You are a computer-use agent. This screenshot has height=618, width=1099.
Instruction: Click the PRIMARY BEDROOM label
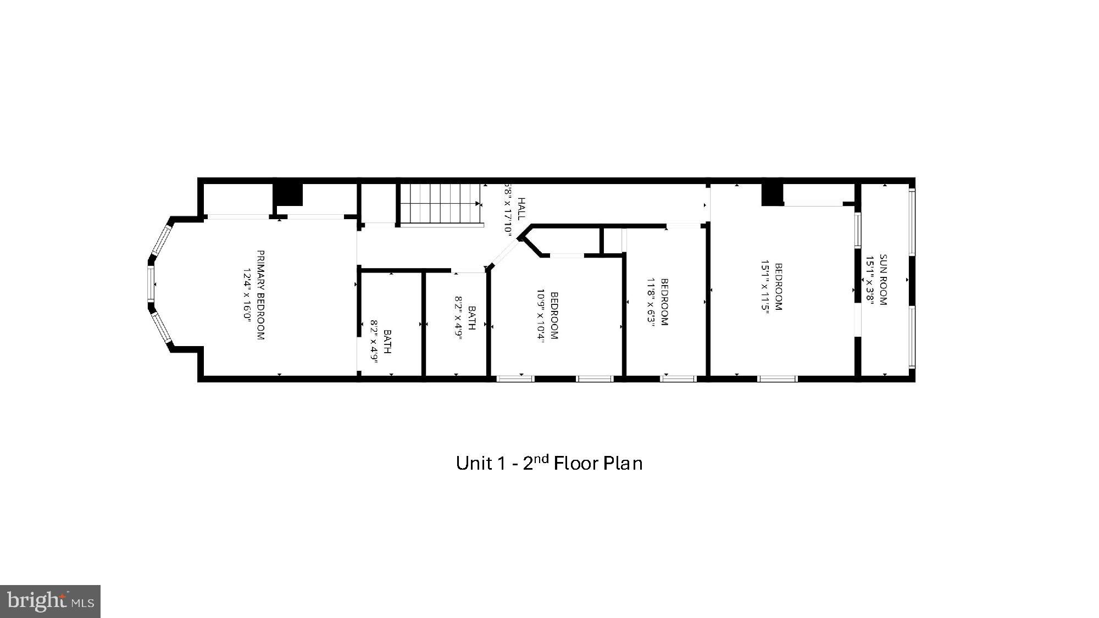[x=260, y=295]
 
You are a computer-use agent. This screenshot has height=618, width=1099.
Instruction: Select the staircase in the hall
[x=440, y=203]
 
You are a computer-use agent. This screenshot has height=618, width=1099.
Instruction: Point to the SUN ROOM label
[x=883, y=280]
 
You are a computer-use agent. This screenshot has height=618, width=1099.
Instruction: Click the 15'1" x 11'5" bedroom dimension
[x=764, y=286]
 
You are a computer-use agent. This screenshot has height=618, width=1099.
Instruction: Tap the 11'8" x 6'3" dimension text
[x=651, y=302]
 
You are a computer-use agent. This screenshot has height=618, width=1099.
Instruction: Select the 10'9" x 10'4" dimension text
[x=540, y=316]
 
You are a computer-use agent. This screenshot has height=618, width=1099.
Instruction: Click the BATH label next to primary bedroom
[x=387, y=341]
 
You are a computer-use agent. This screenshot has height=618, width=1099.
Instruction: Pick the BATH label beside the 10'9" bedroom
[x=471, y=318]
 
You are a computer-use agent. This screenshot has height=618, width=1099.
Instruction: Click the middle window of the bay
[x=151, y=283]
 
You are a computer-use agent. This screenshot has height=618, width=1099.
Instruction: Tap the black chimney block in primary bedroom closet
[x=288, y=194]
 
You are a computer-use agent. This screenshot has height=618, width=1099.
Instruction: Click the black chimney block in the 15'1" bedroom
[x=772, y=194]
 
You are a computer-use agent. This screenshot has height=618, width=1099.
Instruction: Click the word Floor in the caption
[x=575, y=463]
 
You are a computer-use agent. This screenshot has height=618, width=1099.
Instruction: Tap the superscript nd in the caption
[x=541, y=458]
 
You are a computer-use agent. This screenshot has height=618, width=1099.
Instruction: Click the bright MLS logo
[x=50, y=601]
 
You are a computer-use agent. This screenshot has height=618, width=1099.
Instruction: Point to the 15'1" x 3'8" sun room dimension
[x=870, y=280]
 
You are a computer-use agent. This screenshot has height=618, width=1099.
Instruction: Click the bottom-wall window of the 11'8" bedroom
[x=678, y=378]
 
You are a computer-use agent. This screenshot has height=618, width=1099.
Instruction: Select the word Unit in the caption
[x=474, y=463]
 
